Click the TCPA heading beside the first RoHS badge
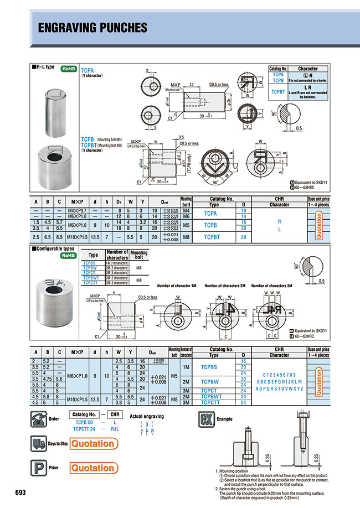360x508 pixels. pos(88,71)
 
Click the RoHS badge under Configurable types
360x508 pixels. pos(68,256)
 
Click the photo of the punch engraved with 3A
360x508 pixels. pos(54,304)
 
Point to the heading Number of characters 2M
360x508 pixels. pos(224,286)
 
